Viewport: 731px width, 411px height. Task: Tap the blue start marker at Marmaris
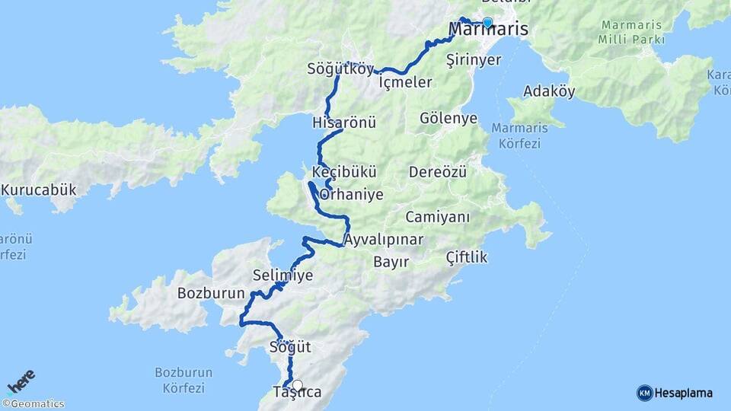(x=487, y=22)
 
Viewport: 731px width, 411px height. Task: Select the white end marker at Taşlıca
(x=297, y=385)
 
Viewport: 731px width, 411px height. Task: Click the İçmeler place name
(x=406, y=82)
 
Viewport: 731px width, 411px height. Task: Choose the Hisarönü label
(x=344, y=123)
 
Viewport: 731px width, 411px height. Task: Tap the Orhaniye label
(x=351, y=195)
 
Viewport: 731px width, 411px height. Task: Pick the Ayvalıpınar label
(x=383, y=240)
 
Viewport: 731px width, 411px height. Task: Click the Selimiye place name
(x=283, y=276)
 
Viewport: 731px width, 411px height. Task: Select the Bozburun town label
(x=210, y=293)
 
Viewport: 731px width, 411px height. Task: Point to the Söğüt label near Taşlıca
(x=290, y=347)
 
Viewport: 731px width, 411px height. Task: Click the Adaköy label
(x=549, y=91)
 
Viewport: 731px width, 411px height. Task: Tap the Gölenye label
(x=448, y=118)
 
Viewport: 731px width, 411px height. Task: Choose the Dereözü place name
(x=437, y=172)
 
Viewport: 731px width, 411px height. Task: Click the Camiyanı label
(x=438, y=217)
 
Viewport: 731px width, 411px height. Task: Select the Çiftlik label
(x=466, y=257)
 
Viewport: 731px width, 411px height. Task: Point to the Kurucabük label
(x=39, y=190)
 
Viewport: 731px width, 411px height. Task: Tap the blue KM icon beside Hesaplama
(x=644, y=393)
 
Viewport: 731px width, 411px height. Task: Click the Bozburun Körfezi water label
(x=183, y=380)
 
